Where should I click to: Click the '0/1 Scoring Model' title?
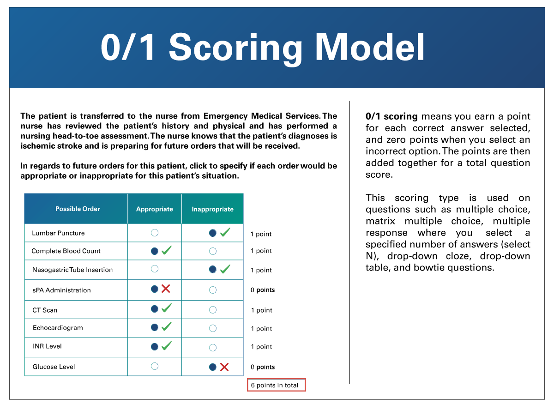point(262,47)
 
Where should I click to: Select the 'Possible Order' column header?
point(78,209)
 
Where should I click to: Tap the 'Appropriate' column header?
point(155,209)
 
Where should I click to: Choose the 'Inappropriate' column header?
point(212,209)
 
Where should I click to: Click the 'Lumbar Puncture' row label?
point(58,233)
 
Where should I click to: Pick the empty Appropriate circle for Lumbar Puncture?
point(155,233)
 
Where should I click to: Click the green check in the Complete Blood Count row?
point(167,250)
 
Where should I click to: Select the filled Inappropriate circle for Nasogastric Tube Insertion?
point(212,269)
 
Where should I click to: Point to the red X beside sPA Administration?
point(166,289)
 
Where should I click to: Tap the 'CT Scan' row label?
point(45,310)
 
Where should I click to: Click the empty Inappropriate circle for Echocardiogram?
point(213,328)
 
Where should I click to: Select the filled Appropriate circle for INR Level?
point(155,347)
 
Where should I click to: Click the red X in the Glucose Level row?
point(224,367)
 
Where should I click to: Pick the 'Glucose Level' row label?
point(54,367)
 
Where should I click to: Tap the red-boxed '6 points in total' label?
point(276,385)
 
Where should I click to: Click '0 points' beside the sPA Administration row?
point(263,290)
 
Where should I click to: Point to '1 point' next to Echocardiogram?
point(261,329)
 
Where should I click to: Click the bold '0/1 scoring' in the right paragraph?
point(391,116)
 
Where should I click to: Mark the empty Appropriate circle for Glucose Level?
point(155,366)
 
